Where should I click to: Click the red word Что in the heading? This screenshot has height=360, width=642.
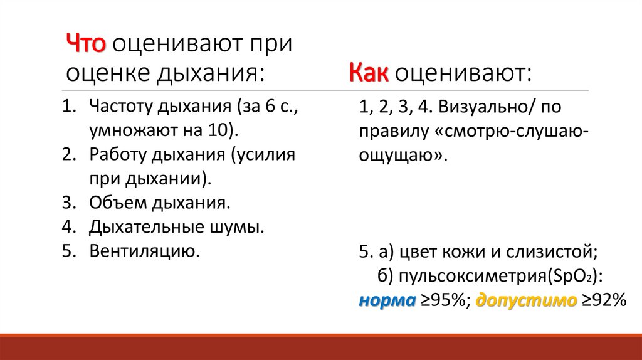(x=87, y=45)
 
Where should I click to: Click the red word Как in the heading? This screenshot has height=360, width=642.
(x=369, y=75)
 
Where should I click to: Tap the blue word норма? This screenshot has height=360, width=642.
(x=387, y=300)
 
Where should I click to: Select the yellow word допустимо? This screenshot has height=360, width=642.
(x=526, y=300)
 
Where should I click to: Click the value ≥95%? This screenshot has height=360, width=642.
(x=445, y=300)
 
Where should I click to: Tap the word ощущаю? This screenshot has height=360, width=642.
(x=400, y=156)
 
